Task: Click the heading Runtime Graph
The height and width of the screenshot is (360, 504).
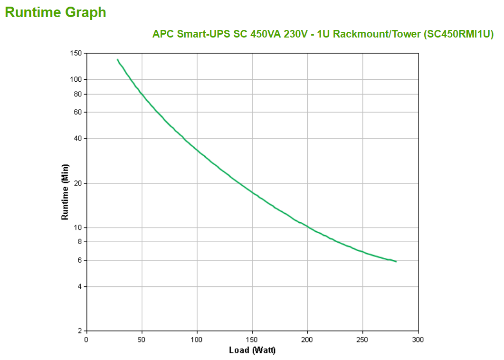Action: click(56, 12)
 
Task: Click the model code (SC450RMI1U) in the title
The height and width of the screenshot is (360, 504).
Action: click(458, 34)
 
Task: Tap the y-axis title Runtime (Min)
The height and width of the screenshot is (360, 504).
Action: click(65, 192)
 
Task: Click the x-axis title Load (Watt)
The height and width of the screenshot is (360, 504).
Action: click(252, 351)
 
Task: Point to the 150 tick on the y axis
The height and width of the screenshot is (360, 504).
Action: click(76, 53)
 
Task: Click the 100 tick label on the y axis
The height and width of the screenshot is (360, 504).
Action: click(76, 79)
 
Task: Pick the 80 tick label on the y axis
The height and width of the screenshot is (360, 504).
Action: click(77, 94)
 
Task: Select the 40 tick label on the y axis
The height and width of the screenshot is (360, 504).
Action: click(77, 139)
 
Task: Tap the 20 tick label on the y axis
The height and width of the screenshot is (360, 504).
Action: click(77, 183)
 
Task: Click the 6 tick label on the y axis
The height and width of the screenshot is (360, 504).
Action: click(79, 260)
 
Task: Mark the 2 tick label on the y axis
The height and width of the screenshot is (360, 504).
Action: click(79, 331)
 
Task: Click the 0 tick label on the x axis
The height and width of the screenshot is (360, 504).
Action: click(86, 340)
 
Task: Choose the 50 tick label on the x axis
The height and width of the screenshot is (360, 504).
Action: click(142, 340)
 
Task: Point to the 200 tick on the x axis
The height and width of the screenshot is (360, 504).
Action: click(307, 340)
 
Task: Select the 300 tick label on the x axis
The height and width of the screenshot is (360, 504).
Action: click(418, 340)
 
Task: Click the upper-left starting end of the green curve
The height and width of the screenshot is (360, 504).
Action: click(117, 59)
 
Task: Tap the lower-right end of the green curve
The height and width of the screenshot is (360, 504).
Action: click(396, 261)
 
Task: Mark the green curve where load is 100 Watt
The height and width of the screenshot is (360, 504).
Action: click(197, 151)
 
